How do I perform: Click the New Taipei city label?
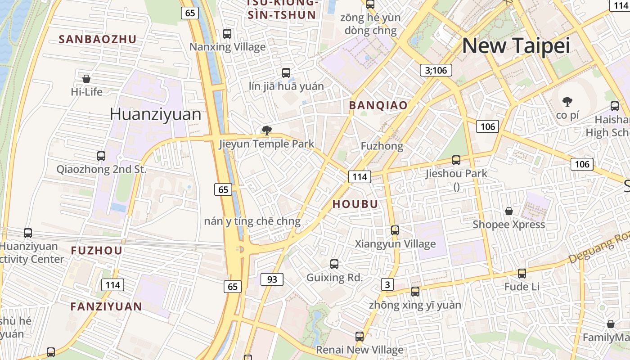point(516,46)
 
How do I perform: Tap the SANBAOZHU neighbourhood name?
point(97,39)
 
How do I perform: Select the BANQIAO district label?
point(378,105)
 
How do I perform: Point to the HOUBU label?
point(355,204)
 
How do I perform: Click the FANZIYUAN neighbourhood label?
point(106,306)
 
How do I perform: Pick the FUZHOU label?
point(96,251)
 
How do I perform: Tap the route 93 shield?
point(272,279)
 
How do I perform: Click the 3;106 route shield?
point(436,70)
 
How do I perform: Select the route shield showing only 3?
point(387,284)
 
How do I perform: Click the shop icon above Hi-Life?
point(86,79)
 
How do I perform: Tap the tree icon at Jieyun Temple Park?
point(266,131)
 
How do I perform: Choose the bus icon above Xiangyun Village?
point(395,230)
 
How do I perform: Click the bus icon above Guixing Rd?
point(334,264)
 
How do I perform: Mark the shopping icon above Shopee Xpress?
point(508,211)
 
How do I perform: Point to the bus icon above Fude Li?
point(522,273)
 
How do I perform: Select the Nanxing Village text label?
point(227,47)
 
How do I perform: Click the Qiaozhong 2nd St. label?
point(101,170)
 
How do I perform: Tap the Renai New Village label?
point(360,350)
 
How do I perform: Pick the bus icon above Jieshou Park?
point(456,160)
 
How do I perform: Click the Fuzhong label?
point(382,146)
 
